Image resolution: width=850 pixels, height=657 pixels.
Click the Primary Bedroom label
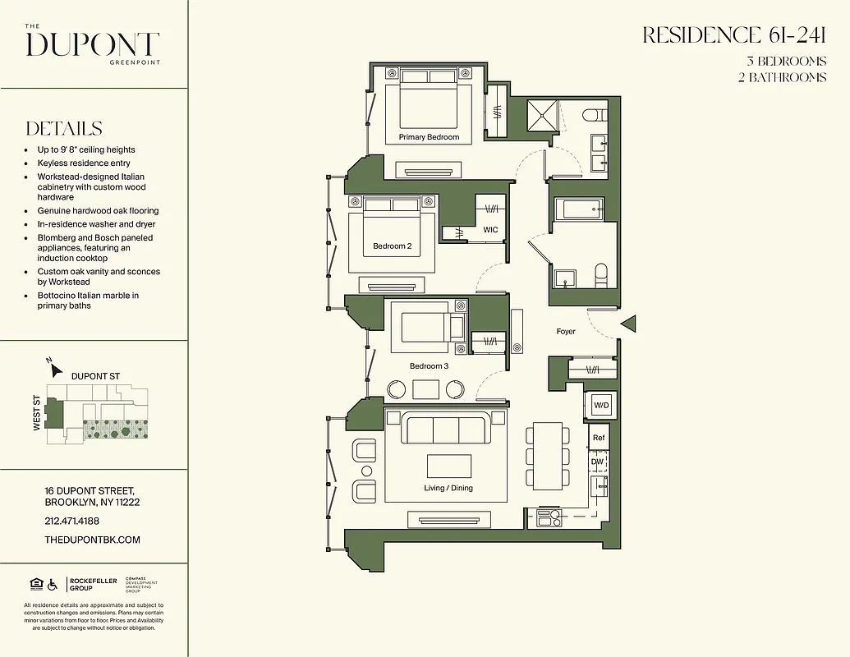429,137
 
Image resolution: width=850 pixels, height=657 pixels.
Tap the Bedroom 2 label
392,246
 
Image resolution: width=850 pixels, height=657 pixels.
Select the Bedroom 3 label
429,365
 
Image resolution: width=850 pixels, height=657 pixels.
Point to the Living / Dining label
448,488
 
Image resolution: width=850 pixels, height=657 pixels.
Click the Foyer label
566,332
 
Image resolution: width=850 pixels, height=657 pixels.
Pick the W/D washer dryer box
600,405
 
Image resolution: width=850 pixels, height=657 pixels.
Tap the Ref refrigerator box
599,438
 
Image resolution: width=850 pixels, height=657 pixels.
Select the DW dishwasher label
598,462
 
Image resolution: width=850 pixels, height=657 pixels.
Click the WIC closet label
490,230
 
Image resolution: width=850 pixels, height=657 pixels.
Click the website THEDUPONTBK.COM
93,540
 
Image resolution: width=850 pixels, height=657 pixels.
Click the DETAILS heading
64,129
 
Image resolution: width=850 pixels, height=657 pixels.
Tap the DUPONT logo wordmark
92,44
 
